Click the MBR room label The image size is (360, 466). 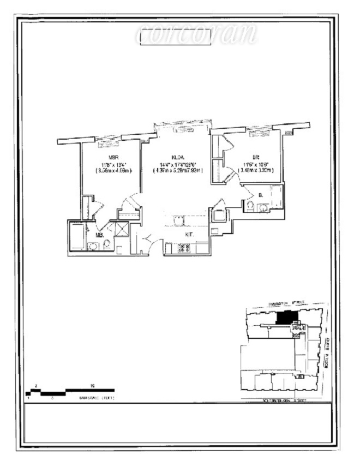click(x=113, y=157)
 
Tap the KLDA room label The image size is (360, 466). click(x=175, y=157)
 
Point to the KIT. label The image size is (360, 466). click(x=189, y=233)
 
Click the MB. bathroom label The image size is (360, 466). click(x=100, y=235)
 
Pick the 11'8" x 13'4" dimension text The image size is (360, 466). click(x=113, y=164)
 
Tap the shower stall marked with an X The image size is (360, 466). click(x=121, y=228)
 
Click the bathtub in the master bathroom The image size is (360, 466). click(x=77, y=235)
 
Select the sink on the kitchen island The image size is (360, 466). click(x=178, y=220)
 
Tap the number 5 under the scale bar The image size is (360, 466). click(x=52, y=398)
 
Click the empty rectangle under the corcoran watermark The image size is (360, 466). click(x=175, y=37)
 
